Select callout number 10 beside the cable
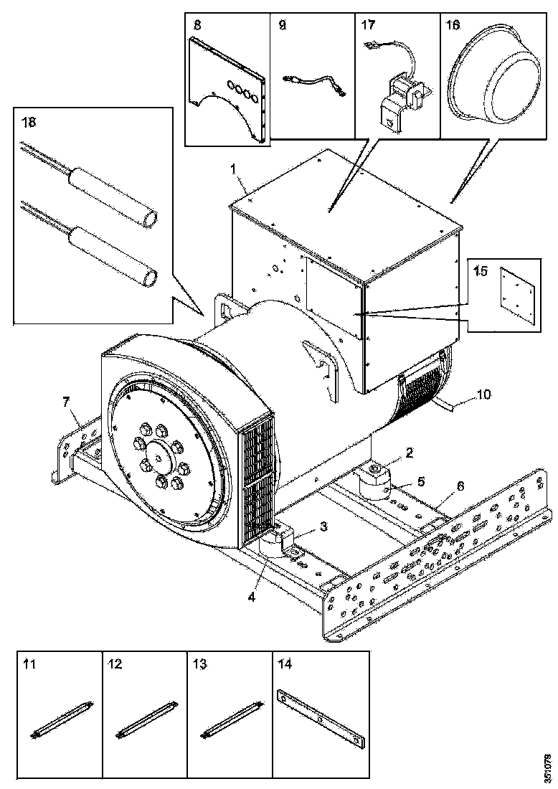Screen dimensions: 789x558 coord(484,394)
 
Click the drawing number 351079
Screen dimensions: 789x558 coord(548,767)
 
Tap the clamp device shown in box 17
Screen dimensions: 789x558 coord(400,97)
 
